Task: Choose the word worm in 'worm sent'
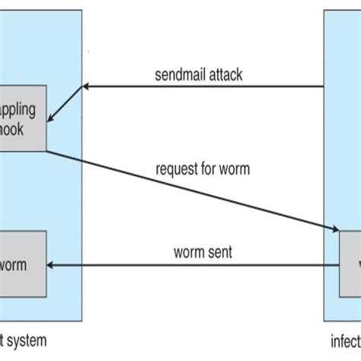(x=190, y=251)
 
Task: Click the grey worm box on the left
(x=23, y=265)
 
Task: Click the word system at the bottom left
(x=23, y=341)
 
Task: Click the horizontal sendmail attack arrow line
(x=206, y=86)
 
